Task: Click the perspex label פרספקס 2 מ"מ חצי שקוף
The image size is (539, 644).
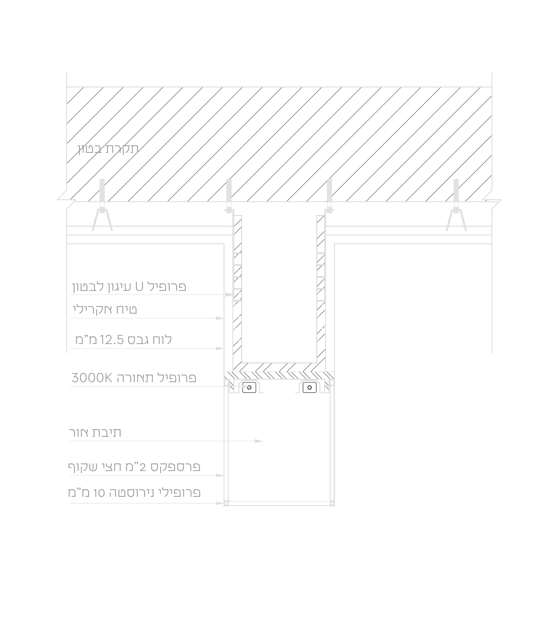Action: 134,467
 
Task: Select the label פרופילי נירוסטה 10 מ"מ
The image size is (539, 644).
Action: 134,493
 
